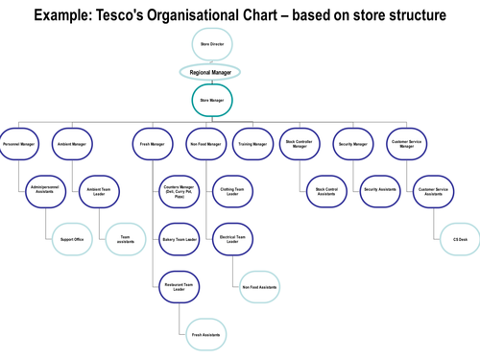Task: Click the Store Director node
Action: pos(210,45)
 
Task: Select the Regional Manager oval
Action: pos(210,72)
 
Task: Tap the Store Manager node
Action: pos(210,100)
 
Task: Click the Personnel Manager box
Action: pos(19,144)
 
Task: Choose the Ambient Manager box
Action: pos(72,144)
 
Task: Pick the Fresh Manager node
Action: pos(151,144)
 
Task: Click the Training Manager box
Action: pos(252,144)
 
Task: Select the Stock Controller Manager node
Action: pos(300,144)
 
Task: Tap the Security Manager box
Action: pos(353,144)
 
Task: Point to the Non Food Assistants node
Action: pos(259,286)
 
